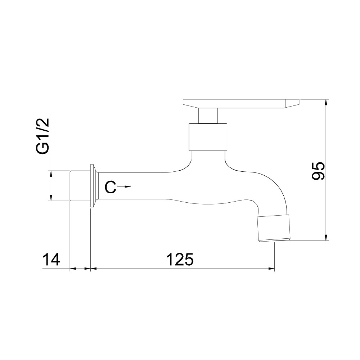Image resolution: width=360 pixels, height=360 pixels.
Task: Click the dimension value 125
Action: coord(180,259)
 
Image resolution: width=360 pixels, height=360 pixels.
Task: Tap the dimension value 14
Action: coord(51,259)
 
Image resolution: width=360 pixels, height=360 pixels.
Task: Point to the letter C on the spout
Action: coord(111,187)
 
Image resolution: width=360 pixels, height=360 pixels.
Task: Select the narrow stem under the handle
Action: coord(208,116)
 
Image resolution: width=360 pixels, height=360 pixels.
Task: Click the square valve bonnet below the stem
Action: coord(208,136)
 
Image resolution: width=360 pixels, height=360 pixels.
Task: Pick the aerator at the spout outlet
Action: coord(274,228)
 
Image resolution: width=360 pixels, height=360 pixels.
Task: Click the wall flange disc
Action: coord(93,186)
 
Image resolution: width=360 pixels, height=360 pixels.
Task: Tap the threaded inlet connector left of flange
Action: coord(79,186)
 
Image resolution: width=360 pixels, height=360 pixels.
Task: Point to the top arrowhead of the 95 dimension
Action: coord(326,102)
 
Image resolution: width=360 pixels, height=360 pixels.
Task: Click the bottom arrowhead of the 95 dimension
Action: coord(326,237)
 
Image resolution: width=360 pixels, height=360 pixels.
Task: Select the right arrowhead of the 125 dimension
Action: coord(271,268)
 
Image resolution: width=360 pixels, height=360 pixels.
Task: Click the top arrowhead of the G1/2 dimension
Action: coord(51,173)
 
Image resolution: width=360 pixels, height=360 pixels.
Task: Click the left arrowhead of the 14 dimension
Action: coord(72,268)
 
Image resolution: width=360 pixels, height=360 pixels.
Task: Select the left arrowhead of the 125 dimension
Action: coord(93,268)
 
